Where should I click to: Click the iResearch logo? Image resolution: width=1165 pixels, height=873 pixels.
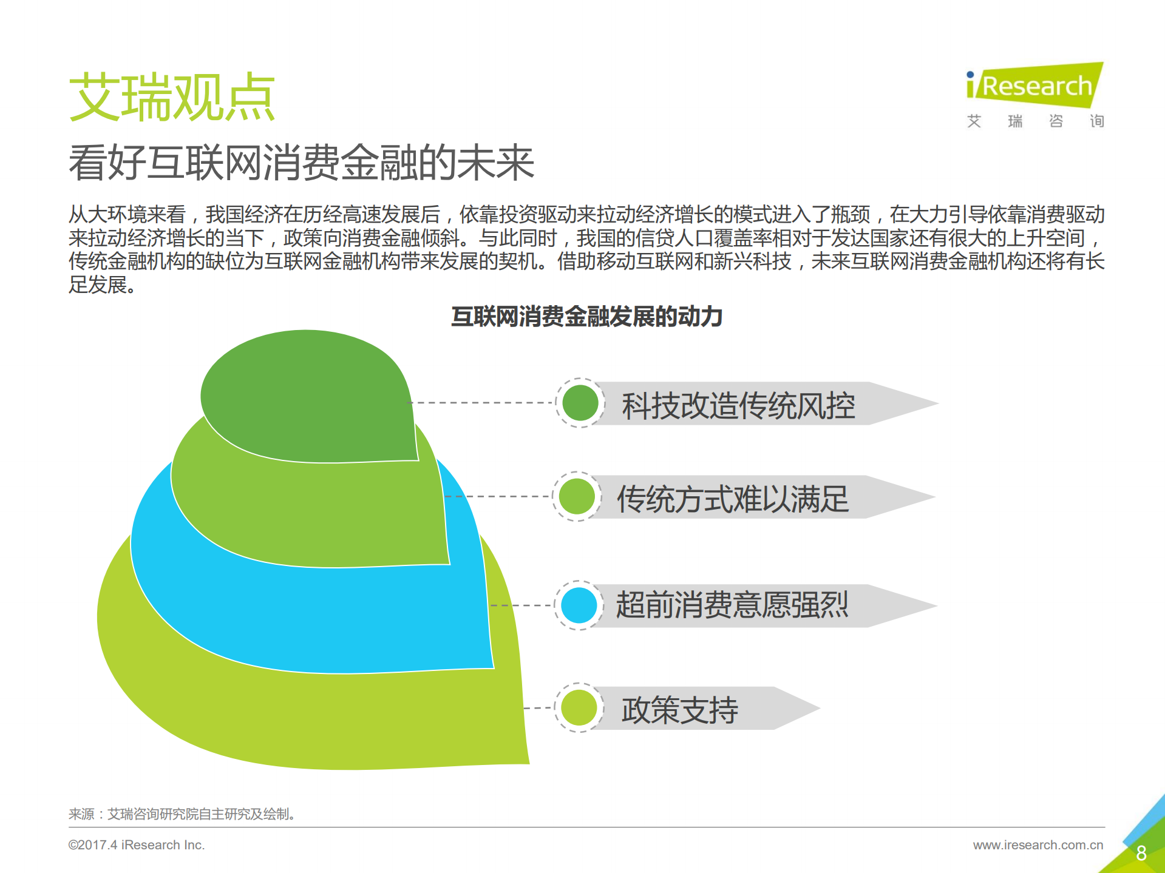tap(1034, 86)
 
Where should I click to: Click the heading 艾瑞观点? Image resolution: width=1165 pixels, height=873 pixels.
tap(172, 97)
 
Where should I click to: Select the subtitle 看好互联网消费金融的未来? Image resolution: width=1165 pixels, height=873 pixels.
tap(301, 163)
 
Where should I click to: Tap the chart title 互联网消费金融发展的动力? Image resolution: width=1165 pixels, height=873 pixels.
tap(586, 317)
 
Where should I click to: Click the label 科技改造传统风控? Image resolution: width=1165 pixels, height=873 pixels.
tap(738, 405)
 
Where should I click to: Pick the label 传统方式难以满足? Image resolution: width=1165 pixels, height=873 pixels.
tap(733, 499)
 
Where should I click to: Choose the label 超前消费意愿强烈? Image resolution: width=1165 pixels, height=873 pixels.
tap(732, 605)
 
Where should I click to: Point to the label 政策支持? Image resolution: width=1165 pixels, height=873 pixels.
tap(679, 709)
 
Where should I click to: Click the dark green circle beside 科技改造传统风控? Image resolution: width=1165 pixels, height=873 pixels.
tap(580, 403)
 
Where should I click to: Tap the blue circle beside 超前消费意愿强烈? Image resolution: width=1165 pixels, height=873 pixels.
tap(579, 605)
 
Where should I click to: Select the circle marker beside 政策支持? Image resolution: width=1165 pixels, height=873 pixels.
tap(579, 707)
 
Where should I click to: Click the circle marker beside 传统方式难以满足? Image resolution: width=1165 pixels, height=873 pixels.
tap(577, 496)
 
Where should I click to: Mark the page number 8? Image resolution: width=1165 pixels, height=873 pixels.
tap(1141, 853)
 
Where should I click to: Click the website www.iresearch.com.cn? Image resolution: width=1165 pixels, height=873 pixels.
tap(1038, 845)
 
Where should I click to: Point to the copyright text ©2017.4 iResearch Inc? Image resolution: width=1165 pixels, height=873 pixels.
tap(136, 845)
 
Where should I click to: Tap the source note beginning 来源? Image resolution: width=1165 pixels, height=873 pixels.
tap(182, 814)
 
